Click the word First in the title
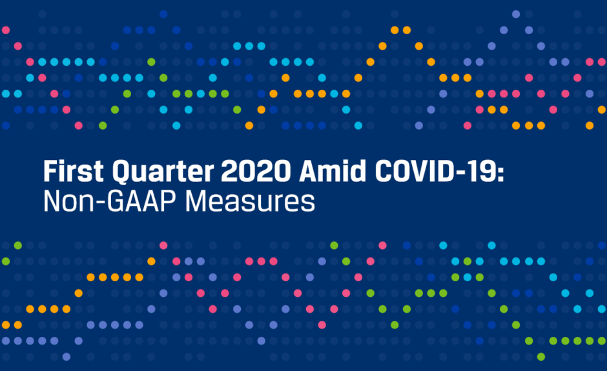tap(74, 171)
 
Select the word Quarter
tap(163, 172)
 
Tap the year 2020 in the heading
tap(256, 171)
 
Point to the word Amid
tap(333, 171)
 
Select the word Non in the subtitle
tap(69, 201)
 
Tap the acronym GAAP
tap(141, 201)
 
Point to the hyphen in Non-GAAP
tap(101, 203)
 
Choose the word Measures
tap(250, 201)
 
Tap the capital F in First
tap(51, 171)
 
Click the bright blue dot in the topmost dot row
tap(163, 14)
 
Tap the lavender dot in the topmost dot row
tap(516, 14)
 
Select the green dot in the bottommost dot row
tap(541, 357)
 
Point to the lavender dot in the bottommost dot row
tap(67, 357)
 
